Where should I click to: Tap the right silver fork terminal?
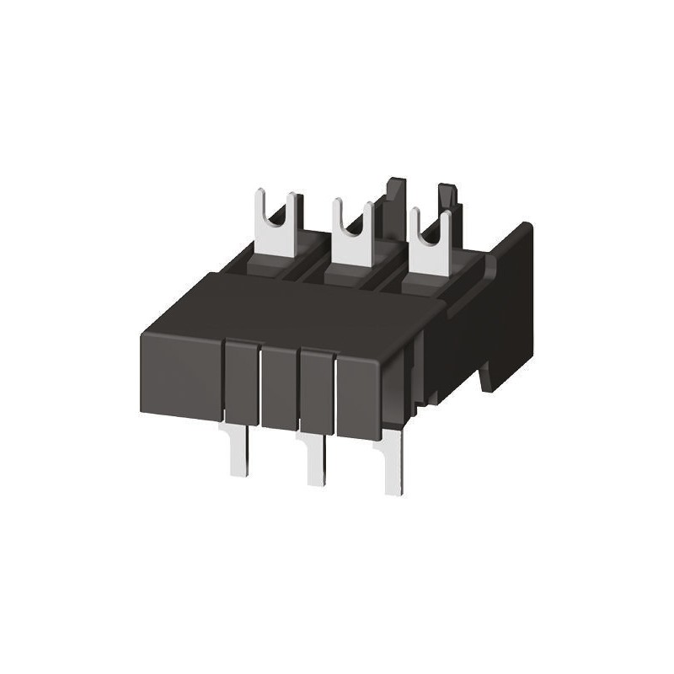[x=430, y=253]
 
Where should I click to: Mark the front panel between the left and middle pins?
[x=279, y=388]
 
